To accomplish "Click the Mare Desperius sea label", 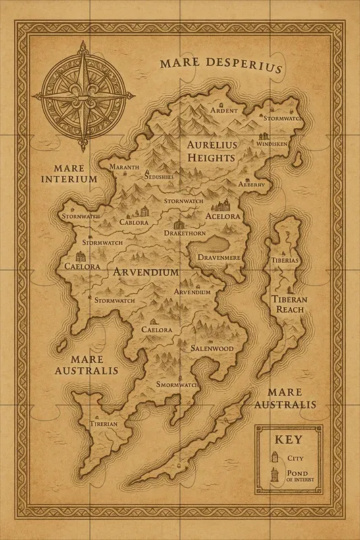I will tap(220, 66).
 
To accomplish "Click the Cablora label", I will tap(134, 221).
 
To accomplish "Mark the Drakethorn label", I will tap(184, 233).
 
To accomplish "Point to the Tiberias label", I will tap(285, 260).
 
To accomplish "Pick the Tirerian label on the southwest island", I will tap(103, 424).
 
